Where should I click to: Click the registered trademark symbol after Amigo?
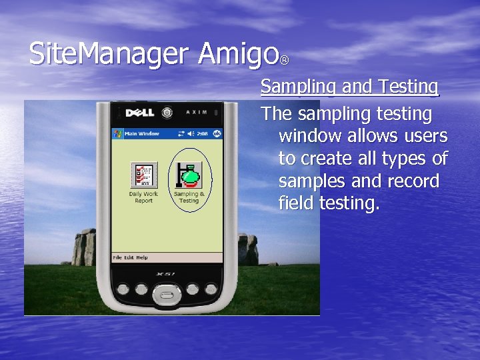click(285, 61)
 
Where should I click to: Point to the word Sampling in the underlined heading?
click(301, 87)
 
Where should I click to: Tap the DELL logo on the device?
click(141, 113)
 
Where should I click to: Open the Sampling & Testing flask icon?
click(189, 175)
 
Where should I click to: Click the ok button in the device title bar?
click(216, 133)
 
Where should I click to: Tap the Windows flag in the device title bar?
click(117, 133)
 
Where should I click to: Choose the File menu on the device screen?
click(117, 258)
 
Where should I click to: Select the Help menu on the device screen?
click(142, 258)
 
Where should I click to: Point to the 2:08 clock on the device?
click(203, 133)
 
